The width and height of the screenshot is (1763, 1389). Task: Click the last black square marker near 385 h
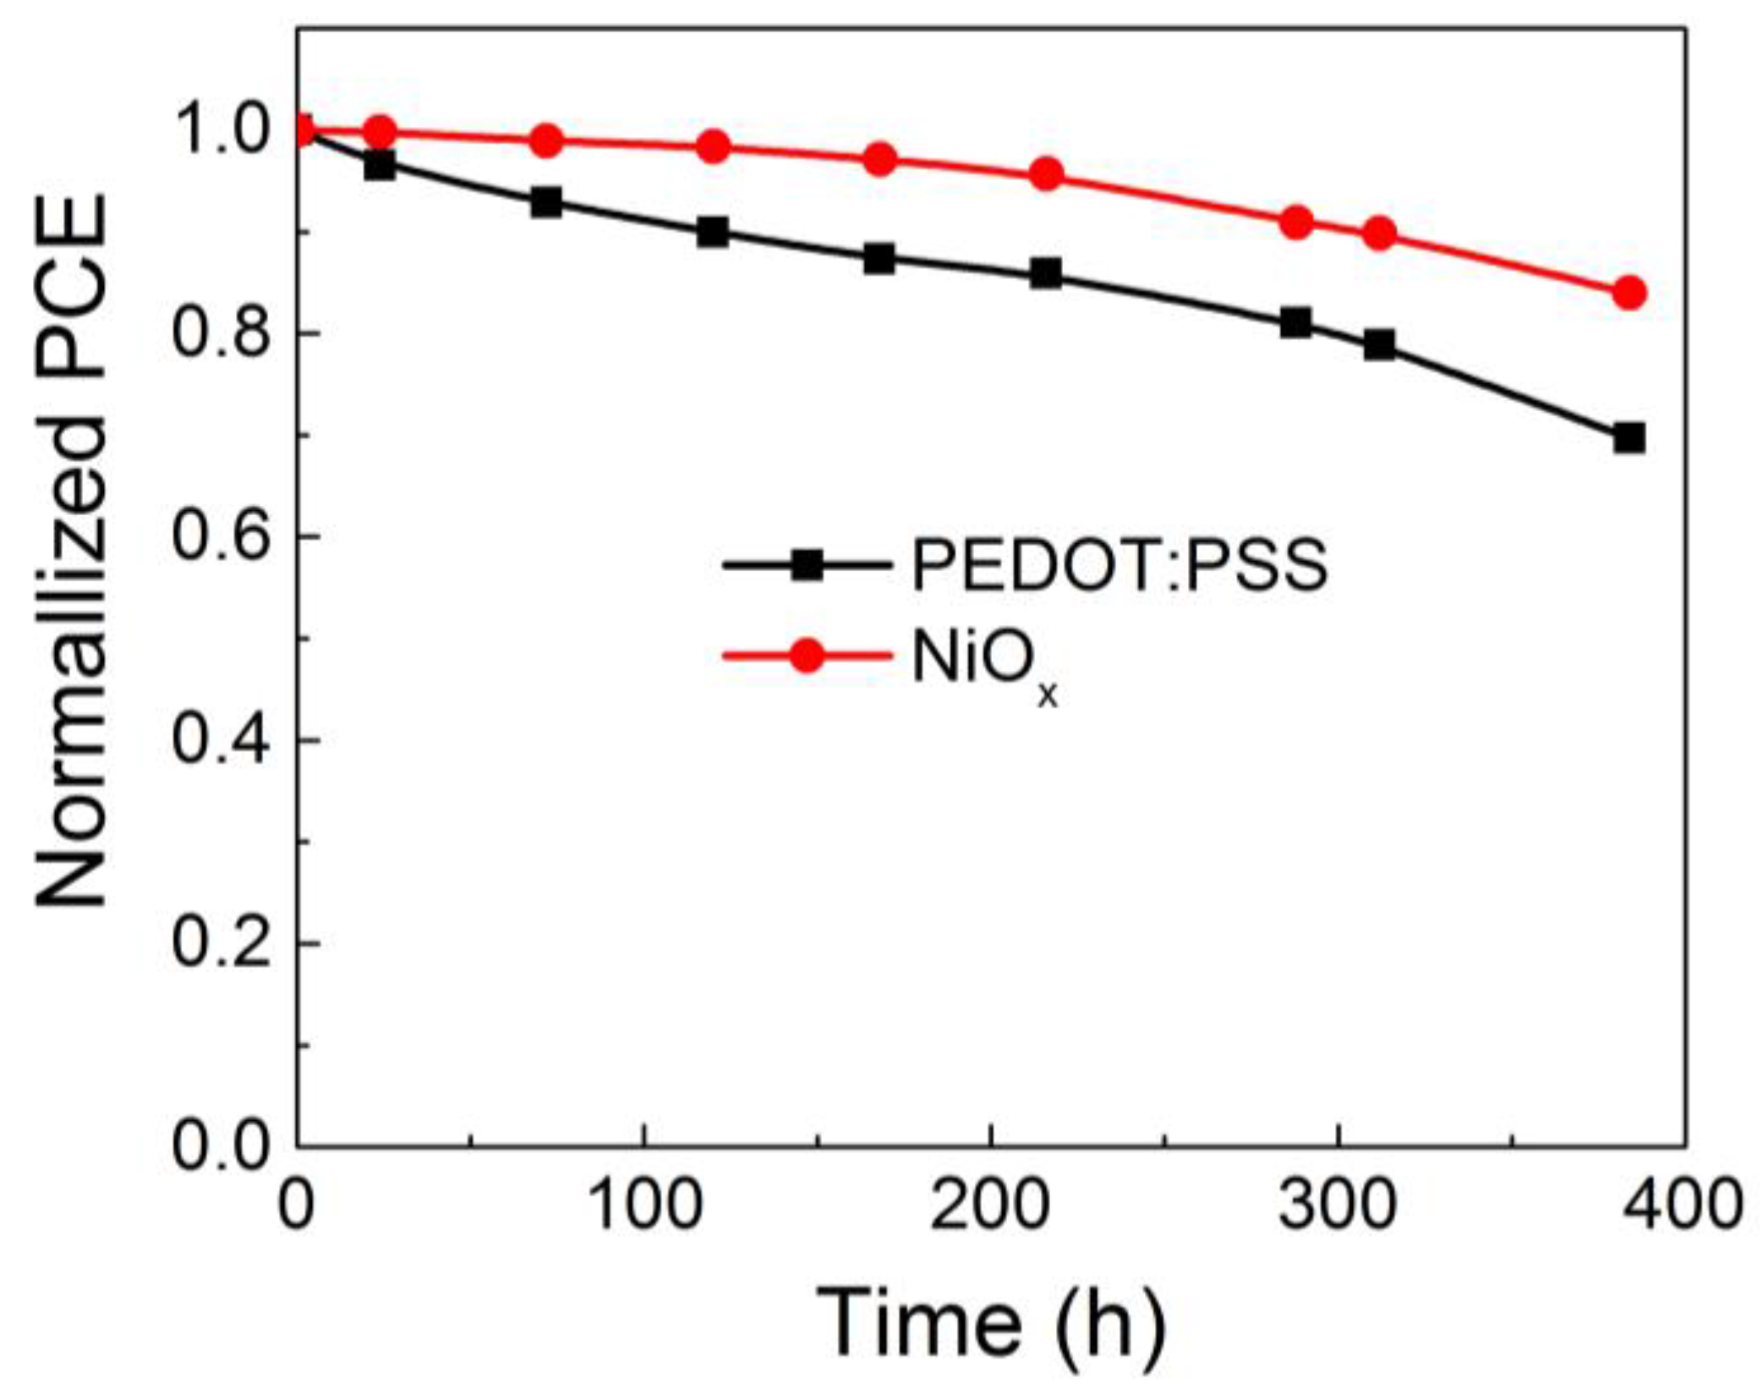(x=1629, y=439)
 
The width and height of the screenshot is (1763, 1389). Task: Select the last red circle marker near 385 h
(x=1629, y=293)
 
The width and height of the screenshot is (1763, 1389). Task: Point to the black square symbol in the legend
(x=807, y=564)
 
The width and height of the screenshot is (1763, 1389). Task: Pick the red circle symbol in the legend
(x=807, y=656)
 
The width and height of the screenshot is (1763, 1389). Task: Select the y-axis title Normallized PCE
(x=72, y=550)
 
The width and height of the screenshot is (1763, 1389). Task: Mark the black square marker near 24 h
(x=380, y=165)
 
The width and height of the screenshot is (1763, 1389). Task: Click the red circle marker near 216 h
(x=1046, y=174)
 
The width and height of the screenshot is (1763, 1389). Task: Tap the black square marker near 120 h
(x=713, y=232)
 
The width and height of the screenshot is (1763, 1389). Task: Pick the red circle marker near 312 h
(x=1379, y=233)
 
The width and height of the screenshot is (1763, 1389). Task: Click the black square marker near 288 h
(x=1295, y=322)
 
